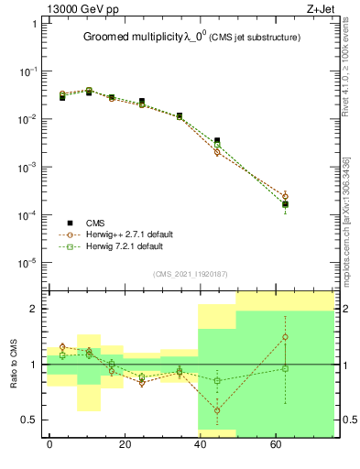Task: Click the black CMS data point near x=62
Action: tap(286, 204)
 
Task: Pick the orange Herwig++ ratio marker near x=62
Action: tap(286, 337)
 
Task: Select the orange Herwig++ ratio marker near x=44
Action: tap(217, 410)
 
